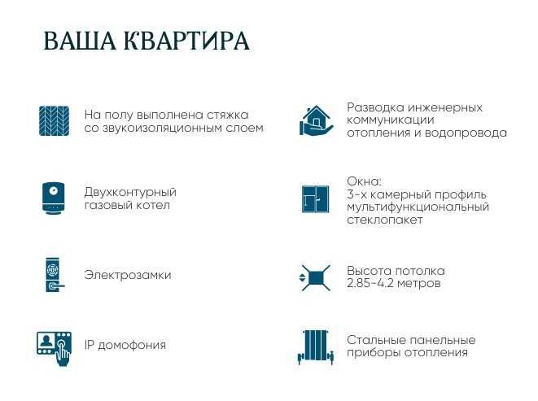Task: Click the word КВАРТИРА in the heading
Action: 187,42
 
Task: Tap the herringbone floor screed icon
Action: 55,121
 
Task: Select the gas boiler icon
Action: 55,198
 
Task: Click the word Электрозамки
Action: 128,275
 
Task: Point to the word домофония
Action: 133,345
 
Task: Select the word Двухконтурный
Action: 130,192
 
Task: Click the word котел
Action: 155,205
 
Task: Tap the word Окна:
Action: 364,181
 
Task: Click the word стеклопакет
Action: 384,220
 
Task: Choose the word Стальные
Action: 375,340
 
